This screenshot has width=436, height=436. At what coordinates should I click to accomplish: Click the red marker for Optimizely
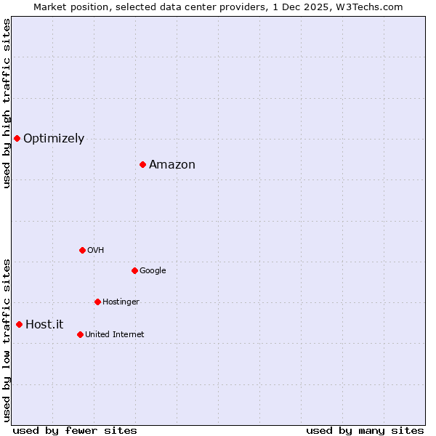17,138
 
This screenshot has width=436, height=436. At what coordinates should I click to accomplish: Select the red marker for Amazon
142,164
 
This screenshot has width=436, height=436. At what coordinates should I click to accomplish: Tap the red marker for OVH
82,250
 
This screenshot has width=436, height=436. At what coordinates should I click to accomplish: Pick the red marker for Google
134,270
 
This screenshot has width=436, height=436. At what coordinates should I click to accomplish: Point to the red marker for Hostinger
97,302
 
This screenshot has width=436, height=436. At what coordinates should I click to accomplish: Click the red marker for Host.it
19,324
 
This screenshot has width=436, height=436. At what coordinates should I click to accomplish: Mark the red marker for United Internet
80,334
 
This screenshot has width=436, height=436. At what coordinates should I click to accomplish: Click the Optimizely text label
54,139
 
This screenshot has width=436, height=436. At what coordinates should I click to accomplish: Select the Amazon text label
172,165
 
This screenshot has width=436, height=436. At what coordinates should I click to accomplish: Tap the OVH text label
96,251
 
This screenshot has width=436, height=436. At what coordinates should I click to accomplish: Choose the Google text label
153,271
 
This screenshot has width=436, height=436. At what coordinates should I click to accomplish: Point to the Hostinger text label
121,302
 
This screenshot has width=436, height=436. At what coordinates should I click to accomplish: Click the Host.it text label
44,325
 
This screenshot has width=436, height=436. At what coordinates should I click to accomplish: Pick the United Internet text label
115,335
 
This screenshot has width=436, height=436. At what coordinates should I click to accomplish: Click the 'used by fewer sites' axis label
75,431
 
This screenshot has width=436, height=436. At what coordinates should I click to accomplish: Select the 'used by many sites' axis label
365,431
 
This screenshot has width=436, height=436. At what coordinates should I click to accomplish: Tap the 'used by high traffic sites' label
7,103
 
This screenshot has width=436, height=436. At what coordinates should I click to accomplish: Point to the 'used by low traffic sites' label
7,339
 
